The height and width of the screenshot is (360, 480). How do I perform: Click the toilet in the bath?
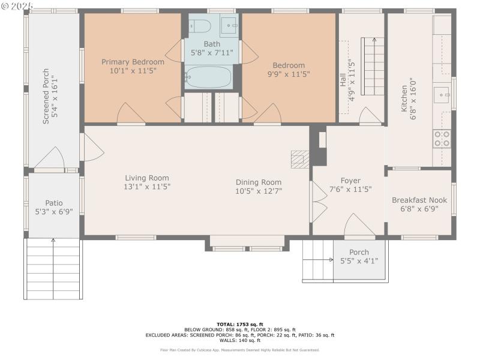[199, 26]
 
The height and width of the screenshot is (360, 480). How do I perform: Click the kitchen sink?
[442, 95]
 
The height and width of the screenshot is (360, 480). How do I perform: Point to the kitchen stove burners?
[442, 139]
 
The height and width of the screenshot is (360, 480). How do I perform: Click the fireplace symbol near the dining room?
[299, 159]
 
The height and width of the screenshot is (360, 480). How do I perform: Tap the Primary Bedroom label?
[133, 62]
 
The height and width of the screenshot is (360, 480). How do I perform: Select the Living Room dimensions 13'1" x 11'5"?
[147, 187]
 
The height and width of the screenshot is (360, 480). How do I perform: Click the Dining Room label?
[259, 182]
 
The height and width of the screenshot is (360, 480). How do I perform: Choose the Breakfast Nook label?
[419, 200]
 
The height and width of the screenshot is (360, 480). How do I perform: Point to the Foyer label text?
[350, 181]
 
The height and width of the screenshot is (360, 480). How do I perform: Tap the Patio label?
[54, 203]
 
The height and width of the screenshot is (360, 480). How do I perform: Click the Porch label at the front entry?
[359, 252]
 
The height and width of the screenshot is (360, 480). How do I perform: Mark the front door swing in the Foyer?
[359, 224]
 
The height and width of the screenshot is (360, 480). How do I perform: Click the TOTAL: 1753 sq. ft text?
[239, 324]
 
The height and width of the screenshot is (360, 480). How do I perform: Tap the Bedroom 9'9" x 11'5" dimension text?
[289, 74]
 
